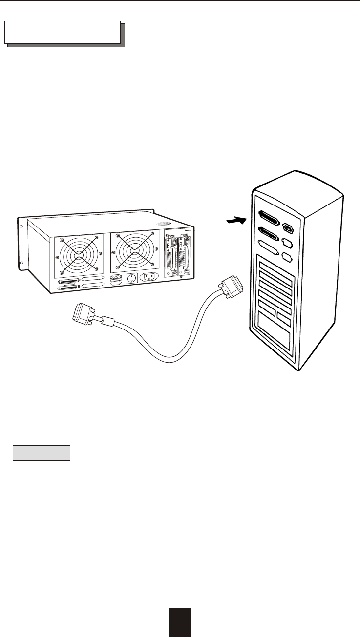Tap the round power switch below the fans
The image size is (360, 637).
[131, 279]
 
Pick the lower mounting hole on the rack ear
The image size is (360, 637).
[22, 267]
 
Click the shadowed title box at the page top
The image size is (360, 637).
[63, 32]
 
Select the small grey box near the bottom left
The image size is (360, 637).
[42, 452]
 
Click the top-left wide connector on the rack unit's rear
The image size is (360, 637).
[69, 282]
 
